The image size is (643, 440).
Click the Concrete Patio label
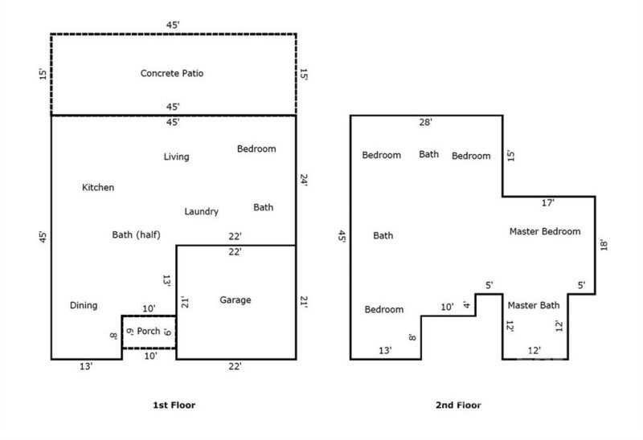click(x=172, y=74)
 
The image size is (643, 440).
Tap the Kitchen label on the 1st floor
click(x=98, y=188)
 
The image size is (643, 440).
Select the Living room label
click(x=176, y=157)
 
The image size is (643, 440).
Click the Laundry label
click(x=201, y=212)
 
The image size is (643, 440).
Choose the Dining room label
click(x=84, y=306)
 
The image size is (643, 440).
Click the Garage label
click(x=235, y=300)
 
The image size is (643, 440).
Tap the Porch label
click(x=149, y=332)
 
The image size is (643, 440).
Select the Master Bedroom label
click(x=545, y=231)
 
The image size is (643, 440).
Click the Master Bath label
click(x=534, y=305)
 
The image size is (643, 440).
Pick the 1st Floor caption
click(x=173, y=405)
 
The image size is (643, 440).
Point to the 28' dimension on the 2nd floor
click(x=426, y=123)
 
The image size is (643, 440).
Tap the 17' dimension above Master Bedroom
click(x=548, y=203)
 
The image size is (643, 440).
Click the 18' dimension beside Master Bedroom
click(x=604, y=243)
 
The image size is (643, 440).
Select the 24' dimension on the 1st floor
click(x=304, y=181)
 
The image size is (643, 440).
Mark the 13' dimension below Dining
click(x=86, y=367)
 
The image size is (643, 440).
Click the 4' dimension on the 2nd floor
click(x=466, y=305)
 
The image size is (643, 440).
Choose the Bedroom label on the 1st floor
click(x=256, y=149)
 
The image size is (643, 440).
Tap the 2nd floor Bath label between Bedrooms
click(x=429, y=155)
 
